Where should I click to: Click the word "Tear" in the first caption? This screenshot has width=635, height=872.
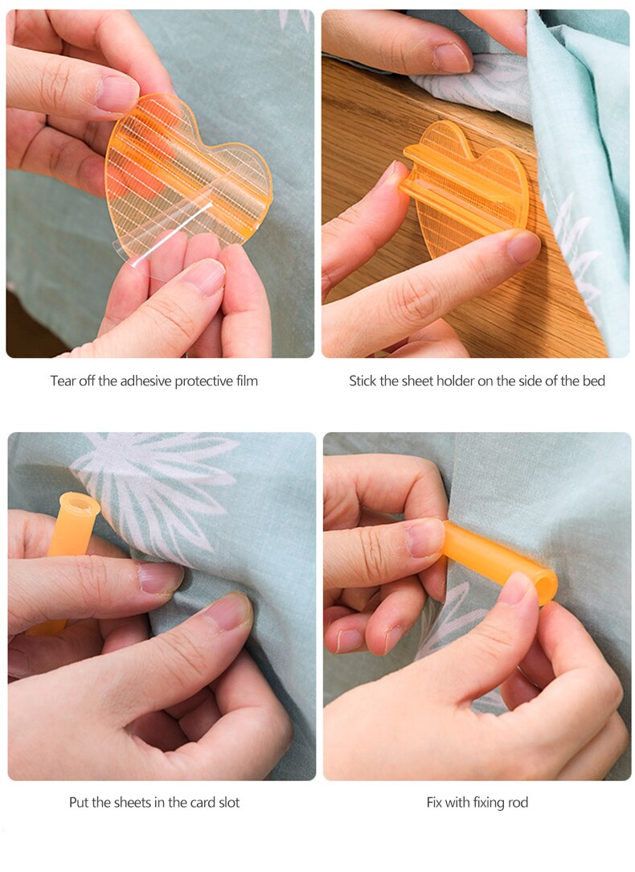(63, 380)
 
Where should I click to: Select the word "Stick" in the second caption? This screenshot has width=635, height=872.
(363, 380)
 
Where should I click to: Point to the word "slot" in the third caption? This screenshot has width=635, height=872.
(227, 802)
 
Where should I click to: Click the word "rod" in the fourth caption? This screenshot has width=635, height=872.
(518, 802)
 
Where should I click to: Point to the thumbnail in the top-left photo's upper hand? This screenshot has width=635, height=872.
(117, 93)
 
